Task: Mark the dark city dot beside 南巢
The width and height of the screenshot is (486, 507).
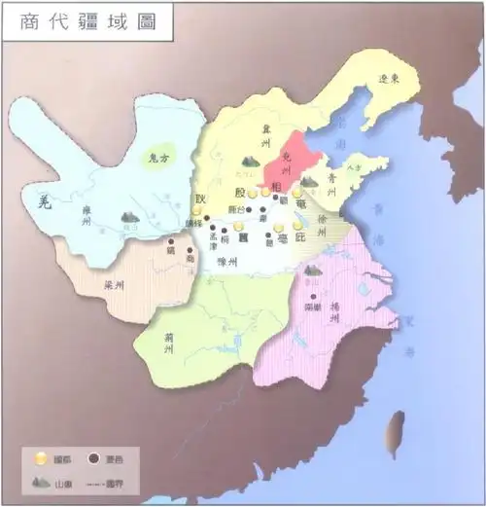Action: [313, 296]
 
